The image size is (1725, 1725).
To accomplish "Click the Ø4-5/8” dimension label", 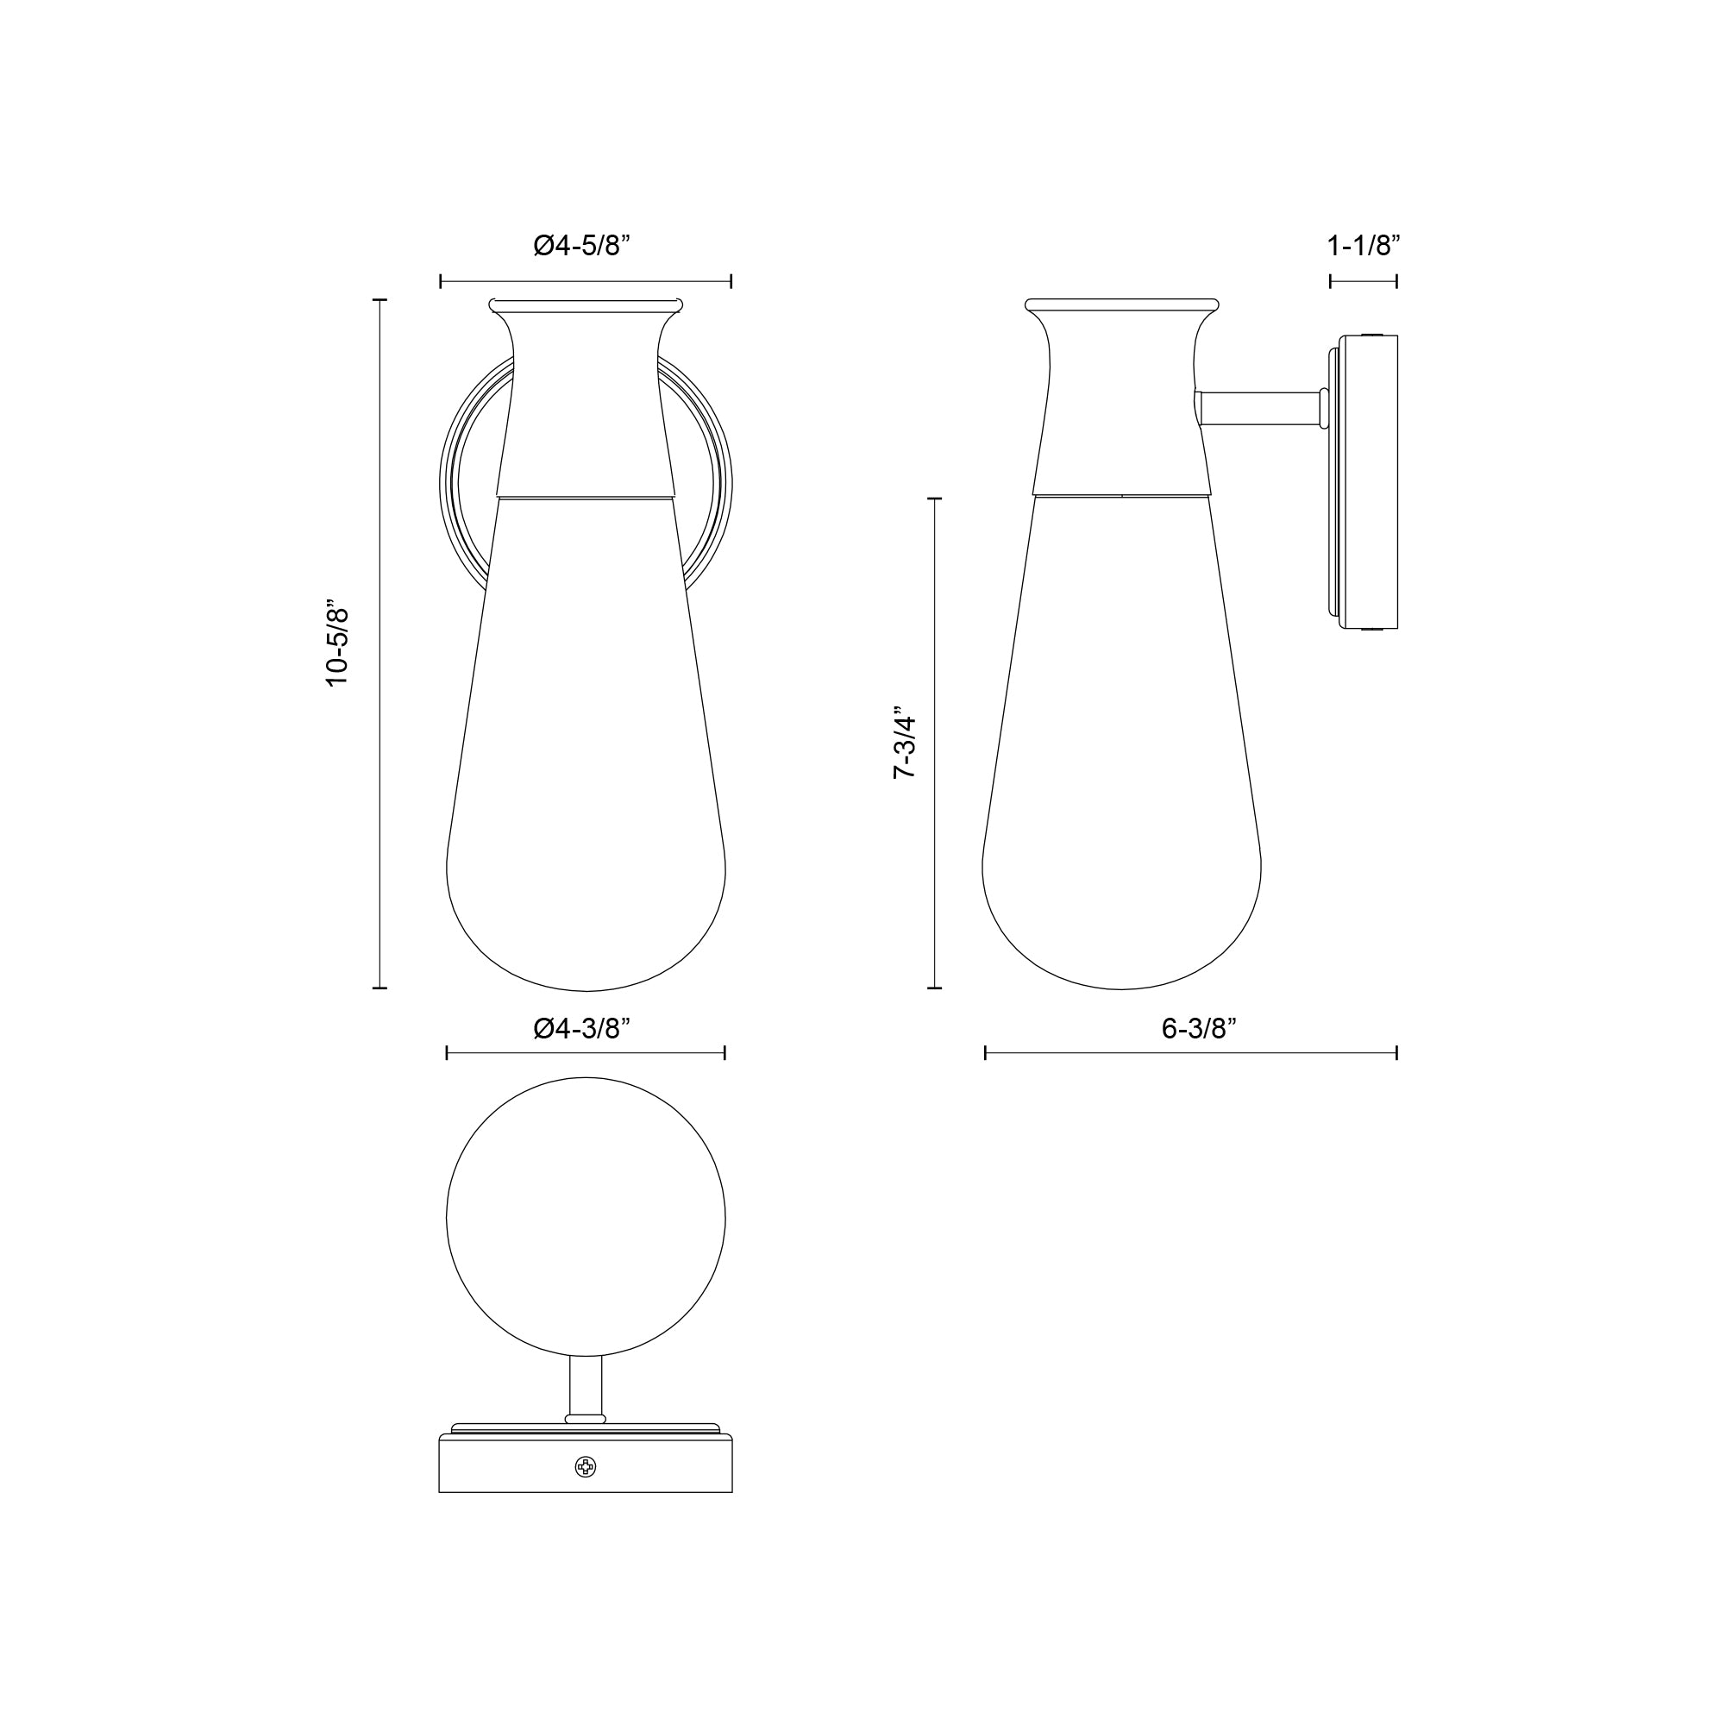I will click(x=582, y=246).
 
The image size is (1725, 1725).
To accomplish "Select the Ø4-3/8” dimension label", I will click(x=582, y=1029).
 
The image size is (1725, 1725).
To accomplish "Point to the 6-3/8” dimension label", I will click(x=1198, y=1029).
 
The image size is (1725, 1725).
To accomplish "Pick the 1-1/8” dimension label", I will click(x=1363, y=246).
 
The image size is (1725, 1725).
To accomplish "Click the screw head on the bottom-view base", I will click(x=585, y=1466).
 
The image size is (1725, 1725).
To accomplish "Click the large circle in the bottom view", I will click(x=586, y=1220).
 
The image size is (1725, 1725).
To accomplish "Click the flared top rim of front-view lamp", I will click(x=586, y=306).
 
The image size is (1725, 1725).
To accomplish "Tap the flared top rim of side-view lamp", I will click(x=1121, y=305).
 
